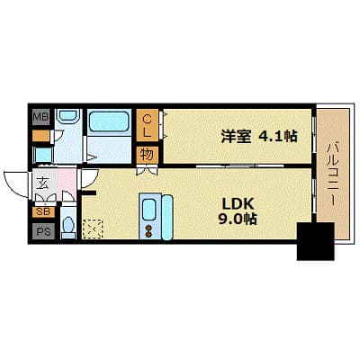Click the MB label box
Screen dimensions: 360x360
[41, 117]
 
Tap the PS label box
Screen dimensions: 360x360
[42, 230]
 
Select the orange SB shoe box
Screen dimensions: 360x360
[42, 212]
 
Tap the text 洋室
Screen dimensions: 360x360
[237, 138]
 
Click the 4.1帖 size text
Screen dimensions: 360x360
[277, 138]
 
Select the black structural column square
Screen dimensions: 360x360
[315, 240]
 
